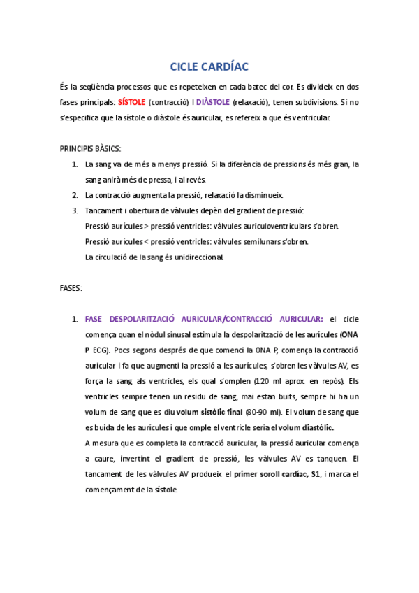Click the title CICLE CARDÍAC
coord(209,66)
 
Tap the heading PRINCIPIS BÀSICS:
coord(90,149)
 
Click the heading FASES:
coord(71,288)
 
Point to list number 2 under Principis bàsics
coord(75,195)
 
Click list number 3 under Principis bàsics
coord(75,210)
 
